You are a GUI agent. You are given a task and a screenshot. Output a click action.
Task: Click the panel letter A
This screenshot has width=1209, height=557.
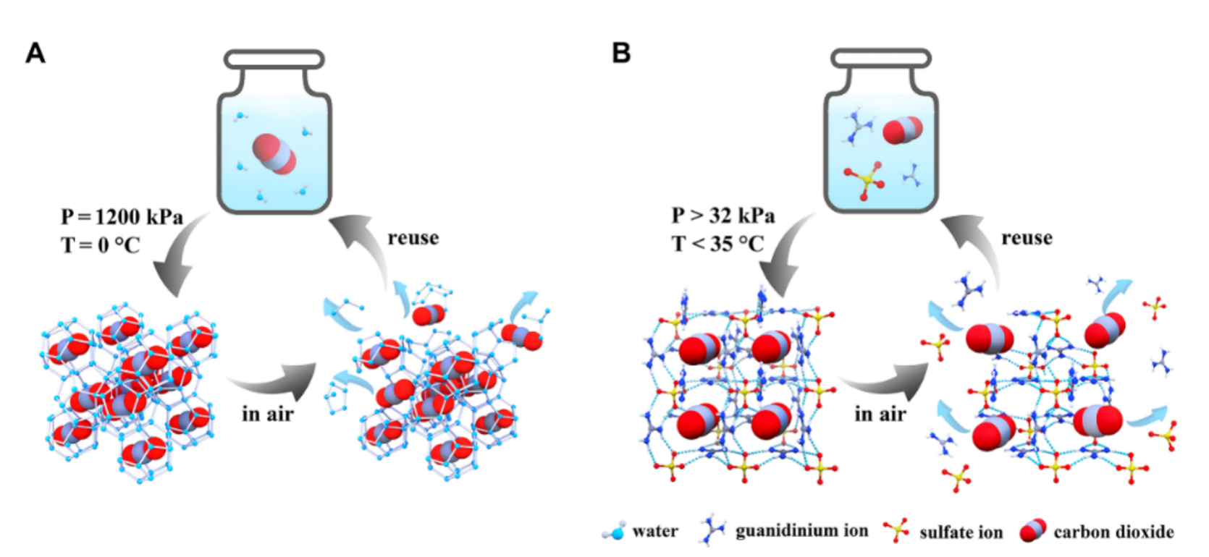[35, 54]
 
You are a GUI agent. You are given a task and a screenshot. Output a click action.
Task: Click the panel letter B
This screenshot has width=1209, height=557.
[621, 53]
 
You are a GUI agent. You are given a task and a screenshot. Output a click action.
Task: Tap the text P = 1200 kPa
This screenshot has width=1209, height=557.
[122, 217]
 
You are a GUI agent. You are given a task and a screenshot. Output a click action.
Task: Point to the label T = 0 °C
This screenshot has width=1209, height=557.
[100, 245]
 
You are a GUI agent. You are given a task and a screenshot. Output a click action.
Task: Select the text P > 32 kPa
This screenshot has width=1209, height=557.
[723, 216]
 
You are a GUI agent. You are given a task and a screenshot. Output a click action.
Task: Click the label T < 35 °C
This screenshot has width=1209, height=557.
[717, 244]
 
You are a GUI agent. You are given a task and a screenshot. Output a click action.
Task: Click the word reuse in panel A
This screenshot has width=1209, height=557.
[413, 238]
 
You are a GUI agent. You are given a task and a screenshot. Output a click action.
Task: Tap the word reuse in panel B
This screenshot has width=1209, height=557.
[1027, 238]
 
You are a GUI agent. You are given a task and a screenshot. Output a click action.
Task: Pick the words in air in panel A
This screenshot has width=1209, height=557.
[268, 414]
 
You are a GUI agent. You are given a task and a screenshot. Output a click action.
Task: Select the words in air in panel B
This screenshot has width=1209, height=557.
[880, 414]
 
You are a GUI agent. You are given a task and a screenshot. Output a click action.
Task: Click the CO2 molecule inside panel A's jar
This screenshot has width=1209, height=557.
[274, 153]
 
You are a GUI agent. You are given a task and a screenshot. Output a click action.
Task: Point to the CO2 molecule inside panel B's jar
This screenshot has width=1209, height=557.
[903, 130]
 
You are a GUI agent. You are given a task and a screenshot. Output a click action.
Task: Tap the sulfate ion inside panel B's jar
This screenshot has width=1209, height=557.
[862, 179]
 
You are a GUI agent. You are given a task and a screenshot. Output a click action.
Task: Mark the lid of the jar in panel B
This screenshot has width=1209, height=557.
[880, 58]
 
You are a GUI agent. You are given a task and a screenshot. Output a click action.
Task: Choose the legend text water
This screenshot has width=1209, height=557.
[654, 532]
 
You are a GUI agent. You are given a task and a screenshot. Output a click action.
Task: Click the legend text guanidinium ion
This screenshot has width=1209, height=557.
[801, 532]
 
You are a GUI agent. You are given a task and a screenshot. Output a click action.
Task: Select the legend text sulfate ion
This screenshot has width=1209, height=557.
[961, 533]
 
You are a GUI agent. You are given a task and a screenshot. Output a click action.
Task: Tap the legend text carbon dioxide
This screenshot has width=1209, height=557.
[1113, 533]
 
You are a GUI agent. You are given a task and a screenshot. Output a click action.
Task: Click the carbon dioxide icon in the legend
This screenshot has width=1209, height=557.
[1032, 531]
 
